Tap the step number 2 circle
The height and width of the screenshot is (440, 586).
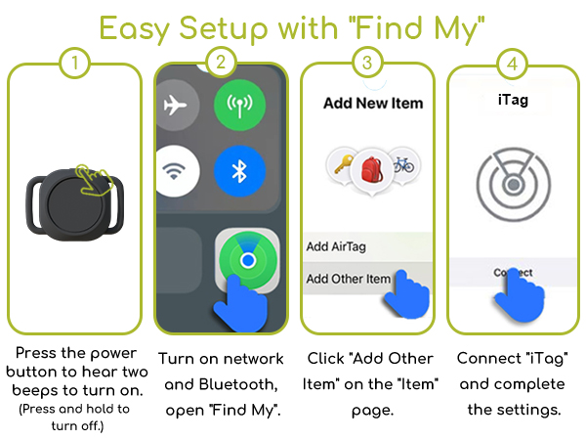pyautogui.click(x=221, y=65)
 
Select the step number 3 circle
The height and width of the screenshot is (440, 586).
pyautogui.click(x=366, y=65)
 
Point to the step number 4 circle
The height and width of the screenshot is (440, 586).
pyautogui.click(x=513, y=65)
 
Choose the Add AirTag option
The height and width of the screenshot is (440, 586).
pyautogui.click(x=337, y=246)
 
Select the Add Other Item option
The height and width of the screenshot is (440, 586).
pyautogui.click(x=348, y=279)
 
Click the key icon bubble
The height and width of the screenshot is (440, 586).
pyautogui.click(x=341, y=162)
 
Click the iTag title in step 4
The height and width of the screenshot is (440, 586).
pyautogui.click(x=513, y=100)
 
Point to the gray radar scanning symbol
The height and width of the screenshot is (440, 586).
pyautogui.click(x=513, y=184)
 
